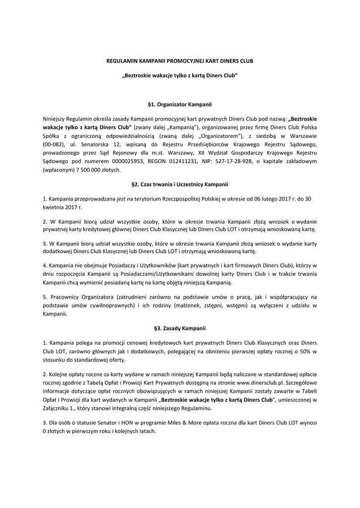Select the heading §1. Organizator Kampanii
tap(180, 105)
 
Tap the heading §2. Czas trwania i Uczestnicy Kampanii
tap(180, 184)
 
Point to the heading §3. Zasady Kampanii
tap(180, 328)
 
